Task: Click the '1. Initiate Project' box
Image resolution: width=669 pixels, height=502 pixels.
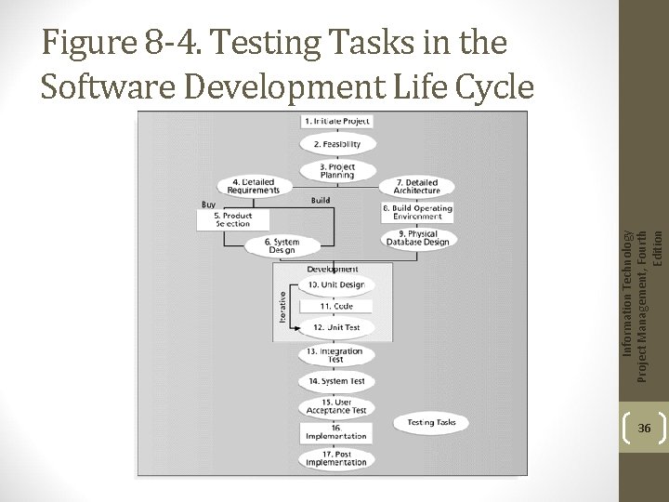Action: click(336, 122)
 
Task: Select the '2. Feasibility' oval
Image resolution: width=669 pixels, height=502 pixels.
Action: click(336, 144)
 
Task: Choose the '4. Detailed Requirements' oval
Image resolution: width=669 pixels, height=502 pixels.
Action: click(249, 187)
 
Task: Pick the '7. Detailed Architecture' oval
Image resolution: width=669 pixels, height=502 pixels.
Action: click(417, 187)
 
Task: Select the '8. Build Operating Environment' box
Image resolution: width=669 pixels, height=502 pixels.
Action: click(417, 212)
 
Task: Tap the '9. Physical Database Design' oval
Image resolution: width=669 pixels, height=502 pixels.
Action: click(417, 239)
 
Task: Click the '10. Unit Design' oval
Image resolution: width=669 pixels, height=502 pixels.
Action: click(336, 284)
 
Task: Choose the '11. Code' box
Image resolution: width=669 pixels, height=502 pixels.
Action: click(336, 306)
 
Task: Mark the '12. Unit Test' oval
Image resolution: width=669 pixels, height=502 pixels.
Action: click(336, 327)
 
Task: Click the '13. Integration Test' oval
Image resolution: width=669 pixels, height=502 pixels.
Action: click(336, 356)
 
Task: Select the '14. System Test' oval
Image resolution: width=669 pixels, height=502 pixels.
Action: click(336, 381)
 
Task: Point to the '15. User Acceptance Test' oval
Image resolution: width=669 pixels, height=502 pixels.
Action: click(336, 406)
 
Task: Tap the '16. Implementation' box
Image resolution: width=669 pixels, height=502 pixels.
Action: click(336, 432)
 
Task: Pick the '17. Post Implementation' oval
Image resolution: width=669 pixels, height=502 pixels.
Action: click(336, 458)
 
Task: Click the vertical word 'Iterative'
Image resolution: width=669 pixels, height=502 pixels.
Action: click(282, 305)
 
